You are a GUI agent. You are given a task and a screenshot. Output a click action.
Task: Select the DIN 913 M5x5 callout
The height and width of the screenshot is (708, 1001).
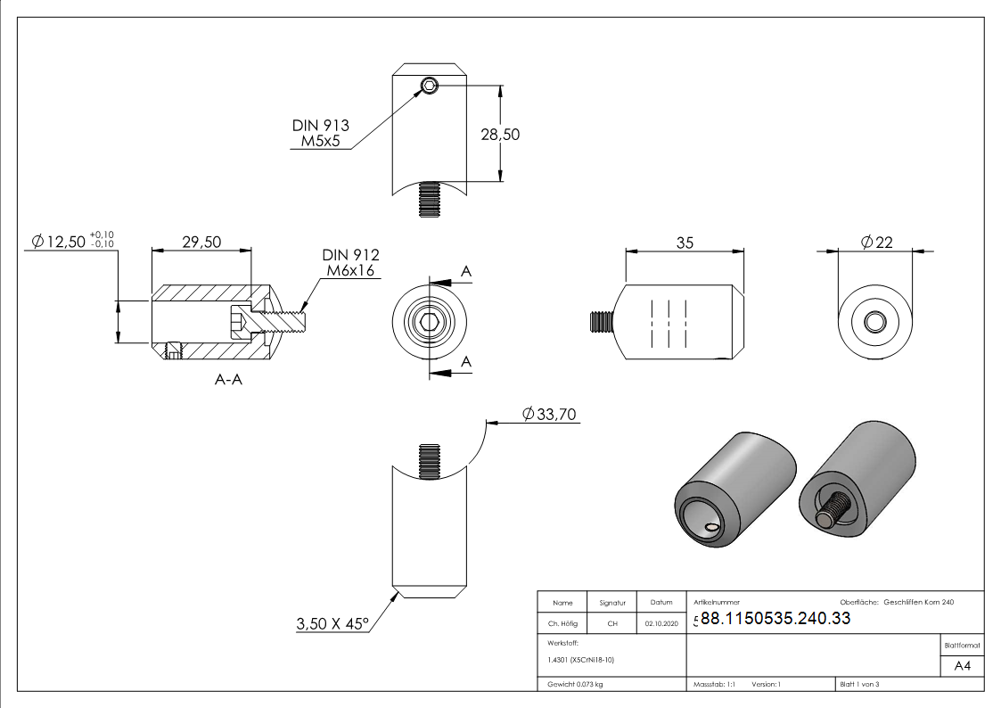320,134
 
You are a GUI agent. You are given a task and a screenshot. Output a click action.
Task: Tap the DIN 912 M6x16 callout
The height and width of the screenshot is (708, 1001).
350,263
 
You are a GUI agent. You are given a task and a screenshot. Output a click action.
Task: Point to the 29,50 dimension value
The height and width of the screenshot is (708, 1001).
201,243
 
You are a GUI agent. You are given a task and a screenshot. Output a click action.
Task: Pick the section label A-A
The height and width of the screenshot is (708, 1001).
229,380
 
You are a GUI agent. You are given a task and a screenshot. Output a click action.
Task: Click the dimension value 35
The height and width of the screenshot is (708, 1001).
685,243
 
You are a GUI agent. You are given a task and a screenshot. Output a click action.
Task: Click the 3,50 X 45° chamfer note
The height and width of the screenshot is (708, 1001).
332,624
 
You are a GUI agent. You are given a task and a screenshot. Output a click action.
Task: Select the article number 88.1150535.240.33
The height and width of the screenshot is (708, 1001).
775,619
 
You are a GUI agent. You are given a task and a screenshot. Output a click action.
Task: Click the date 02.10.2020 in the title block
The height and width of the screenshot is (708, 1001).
660,624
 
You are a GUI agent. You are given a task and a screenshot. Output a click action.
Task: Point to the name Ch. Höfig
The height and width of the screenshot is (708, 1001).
562,624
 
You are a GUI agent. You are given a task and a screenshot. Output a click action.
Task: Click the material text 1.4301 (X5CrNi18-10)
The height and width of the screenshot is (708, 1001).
580,660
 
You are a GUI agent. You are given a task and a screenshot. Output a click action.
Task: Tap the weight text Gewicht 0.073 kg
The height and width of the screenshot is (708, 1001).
575,685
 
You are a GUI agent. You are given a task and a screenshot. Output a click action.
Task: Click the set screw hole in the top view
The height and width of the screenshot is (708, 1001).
430,86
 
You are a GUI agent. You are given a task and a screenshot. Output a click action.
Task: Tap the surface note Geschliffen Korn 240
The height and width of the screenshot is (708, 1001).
918,603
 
